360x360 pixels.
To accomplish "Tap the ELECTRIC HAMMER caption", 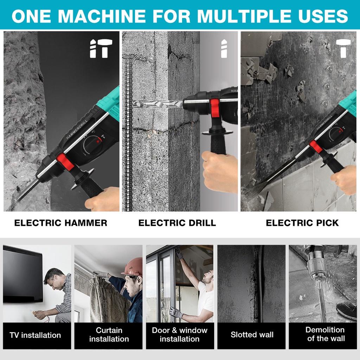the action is point(60,223).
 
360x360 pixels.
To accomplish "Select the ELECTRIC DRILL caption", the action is point(177,223).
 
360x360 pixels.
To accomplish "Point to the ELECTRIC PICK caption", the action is point(302,223).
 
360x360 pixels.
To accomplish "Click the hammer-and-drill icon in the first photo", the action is point(101,49).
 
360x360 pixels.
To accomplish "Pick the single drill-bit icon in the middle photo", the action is point(224,49).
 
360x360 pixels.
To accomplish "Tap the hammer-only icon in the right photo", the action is point(343,49).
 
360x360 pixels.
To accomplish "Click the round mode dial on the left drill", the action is point(93,144).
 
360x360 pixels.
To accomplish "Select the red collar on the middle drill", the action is point(215,108).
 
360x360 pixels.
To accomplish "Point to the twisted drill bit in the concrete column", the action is point(158,104).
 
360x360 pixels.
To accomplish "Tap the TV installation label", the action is point(36,335).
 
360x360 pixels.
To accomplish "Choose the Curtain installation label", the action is point(109,335).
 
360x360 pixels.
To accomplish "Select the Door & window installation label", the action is point(180,335).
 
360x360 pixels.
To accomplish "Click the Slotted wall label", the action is point(252,335).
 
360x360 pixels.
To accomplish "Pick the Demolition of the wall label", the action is point(326,334).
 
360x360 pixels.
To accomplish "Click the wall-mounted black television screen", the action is point(23,274).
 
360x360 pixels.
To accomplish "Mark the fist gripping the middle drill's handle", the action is point(220,171).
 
